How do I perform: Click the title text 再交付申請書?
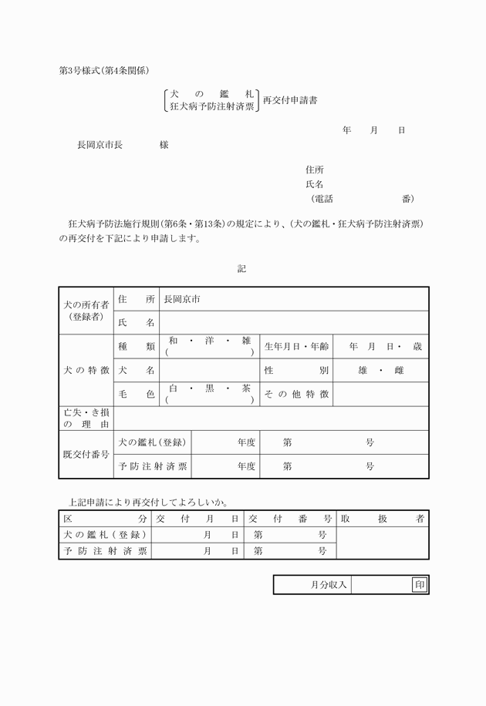coord(290,100)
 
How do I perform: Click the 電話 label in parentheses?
coord(322,199)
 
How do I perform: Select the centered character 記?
coord(242,269)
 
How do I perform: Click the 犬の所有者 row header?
coord(86,310)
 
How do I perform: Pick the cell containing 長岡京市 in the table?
coord(293,299)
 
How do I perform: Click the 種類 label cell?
coord(137,347)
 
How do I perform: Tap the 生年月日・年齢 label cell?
coord(297,347)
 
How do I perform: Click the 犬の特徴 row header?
coord(86,370)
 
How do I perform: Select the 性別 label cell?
coord(297,371)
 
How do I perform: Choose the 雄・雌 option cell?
coord(381,371)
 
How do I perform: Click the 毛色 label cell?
coord(137,394)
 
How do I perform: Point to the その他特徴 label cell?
coord(297,394)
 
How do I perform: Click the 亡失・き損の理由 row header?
coord(86,418)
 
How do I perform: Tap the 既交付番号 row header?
coord(86,454)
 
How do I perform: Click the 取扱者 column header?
coord(383,519)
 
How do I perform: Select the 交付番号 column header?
coord(290,519)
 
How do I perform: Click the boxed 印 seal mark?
coord(420,585)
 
